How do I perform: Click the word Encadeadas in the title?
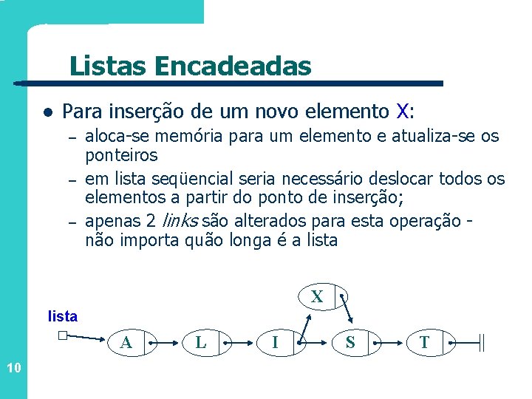click(233, 66)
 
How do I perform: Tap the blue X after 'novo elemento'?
click(402, 112)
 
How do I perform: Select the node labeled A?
click(126, 343)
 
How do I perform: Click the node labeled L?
click(200, 343)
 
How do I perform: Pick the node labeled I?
click(275, 343)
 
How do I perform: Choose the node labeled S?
click(349, 343)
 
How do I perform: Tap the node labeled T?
click(424, 343)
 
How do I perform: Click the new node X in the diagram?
click(317, 297)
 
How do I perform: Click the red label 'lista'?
click(62, 316)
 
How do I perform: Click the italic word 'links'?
click(180, 221)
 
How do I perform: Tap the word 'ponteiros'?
click(121, 155)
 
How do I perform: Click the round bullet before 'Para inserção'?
click(47, 113)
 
